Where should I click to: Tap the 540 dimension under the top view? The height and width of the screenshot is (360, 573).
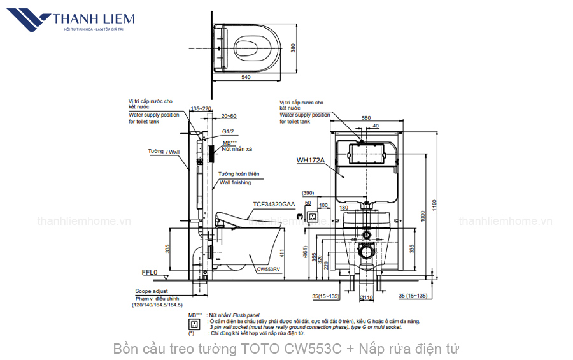click(x=246, y=77)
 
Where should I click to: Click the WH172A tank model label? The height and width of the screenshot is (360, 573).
click(x=310, y=161)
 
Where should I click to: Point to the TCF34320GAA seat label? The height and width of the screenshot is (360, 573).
click(x=274, y=205)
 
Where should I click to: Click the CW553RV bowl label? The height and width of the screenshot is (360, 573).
click(x=268, y=270)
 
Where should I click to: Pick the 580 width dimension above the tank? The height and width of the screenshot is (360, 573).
click(x=365, y=118)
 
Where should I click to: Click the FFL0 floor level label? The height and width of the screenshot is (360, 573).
click(x=149, y=272)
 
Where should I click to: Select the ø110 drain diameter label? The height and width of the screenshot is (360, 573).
click(x=365, y=298)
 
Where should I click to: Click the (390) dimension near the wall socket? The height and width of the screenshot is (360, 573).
click(x=308, y=193)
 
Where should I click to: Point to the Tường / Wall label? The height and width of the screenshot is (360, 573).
click(x=163, y=152)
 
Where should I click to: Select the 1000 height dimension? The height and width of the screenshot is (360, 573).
click(x=421, y=217)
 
